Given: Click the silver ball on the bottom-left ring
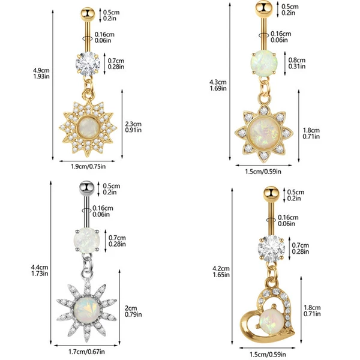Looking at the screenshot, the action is click(x=86, y=188).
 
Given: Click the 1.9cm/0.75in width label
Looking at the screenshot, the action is click(x=88, y=166).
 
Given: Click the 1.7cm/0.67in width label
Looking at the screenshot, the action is click(x=86, y=352).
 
